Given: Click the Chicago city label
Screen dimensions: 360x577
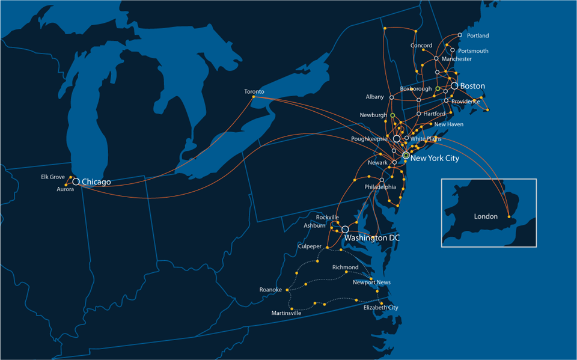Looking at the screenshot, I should click(96, 182).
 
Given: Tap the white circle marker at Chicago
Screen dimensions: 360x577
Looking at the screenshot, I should click(76, 182).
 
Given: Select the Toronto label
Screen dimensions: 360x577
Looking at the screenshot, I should click(254, 91).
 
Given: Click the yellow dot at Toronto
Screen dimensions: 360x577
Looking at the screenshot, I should click(254, 97).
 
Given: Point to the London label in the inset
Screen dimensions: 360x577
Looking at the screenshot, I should click(486, 216).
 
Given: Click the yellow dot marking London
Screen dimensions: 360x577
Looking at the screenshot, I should click(509, 216).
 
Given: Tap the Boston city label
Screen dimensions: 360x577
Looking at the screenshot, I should click(472, 87).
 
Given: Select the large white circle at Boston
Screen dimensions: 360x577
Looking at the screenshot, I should click(454, 86).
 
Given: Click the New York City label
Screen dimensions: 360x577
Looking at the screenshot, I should click(435, 158).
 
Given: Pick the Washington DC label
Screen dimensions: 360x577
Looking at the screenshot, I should click(371, 238).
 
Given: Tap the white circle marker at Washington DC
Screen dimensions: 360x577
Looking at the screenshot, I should click(345, 230).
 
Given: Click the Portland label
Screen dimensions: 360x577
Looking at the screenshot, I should click(478, 35).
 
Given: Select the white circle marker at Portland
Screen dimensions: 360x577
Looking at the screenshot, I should click(460, 35).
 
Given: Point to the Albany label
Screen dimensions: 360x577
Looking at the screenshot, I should click(374, 97).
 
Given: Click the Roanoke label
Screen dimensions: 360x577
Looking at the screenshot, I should click(270, 290).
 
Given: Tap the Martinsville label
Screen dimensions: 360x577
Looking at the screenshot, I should click(286, 313).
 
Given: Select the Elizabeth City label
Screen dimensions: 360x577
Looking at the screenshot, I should click(380, 307).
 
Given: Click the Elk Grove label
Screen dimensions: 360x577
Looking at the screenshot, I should click(53, 177).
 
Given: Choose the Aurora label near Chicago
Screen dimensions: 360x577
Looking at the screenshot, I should click(65, 189).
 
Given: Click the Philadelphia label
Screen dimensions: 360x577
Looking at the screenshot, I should click(380, 187).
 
